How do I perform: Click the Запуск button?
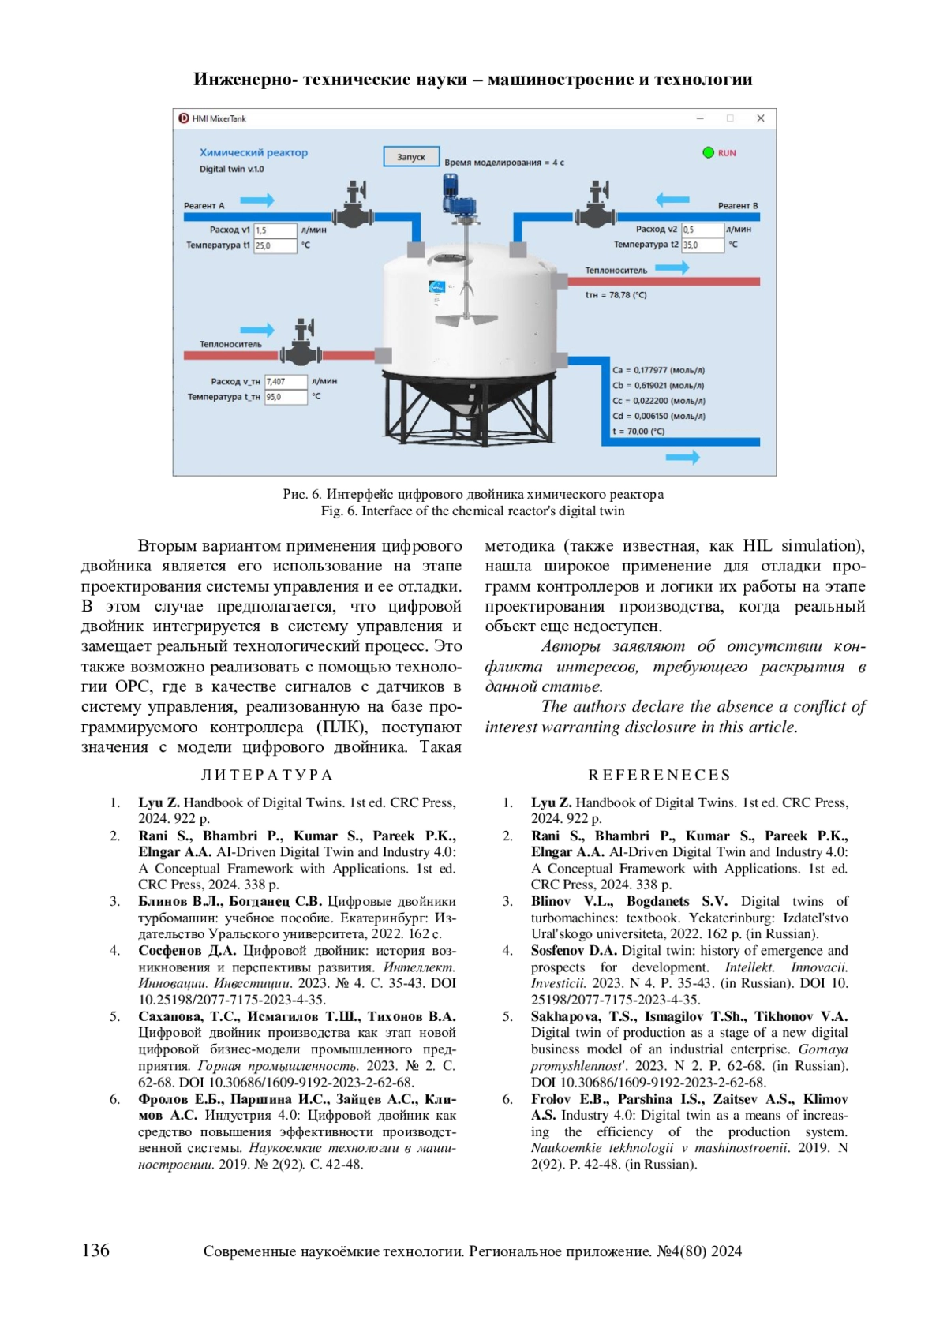tap(410, 156)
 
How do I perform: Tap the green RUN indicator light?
tap(708, 152)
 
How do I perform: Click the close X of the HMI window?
tap(760, 118)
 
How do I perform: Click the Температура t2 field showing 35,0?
tap(702, 245)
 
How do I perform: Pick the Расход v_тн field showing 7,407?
tap(285, 382)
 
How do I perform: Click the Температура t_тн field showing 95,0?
tap(285, 397)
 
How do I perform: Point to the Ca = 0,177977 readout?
tap(658, 370)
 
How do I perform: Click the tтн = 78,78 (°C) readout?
tap(616, 295)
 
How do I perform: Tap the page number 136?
tap(95, 1250)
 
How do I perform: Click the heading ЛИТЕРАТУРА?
tap(268, 775)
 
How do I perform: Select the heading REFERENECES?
tap(659, 775)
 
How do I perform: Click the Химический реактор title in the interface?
tap(253, 152)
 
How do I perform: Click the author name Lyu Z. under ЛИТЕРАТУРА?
tap(158, 802)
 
